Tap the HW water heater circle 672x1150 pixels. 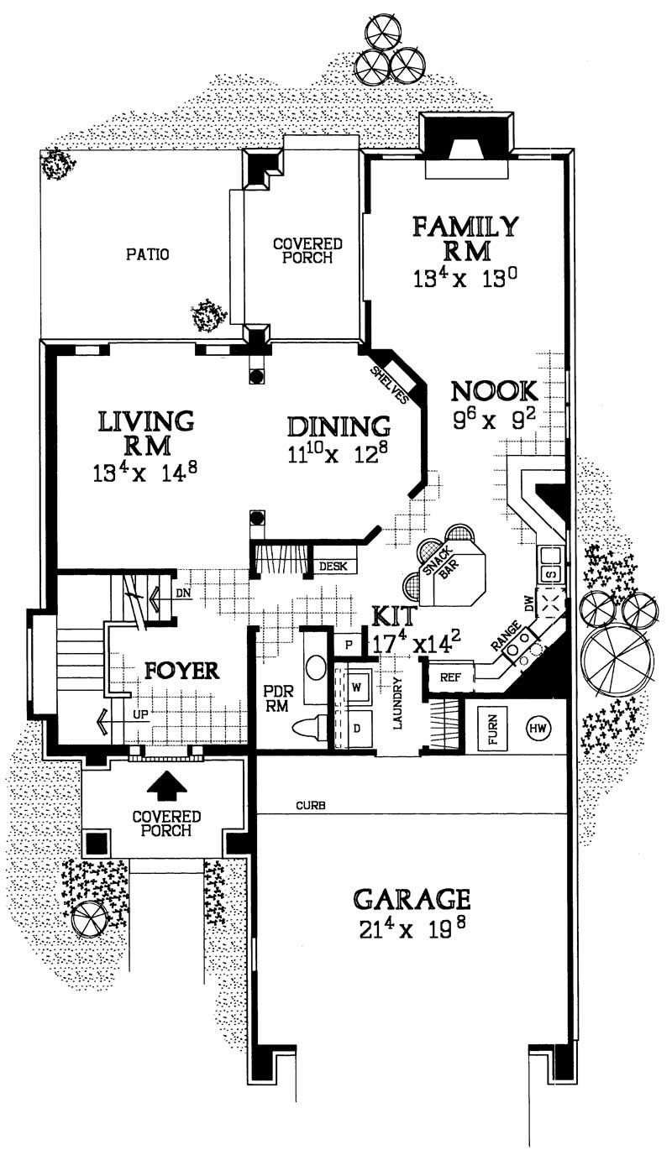click(x=538, y=727)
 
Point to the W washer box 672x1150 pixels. click(x=356, y=687)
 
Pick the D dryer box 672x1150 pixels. click(x=356, y=726)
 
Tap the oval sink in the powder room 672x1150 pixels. click(x=314, y=668)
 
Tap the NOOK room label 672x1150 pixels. click(x=493, y=391)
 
